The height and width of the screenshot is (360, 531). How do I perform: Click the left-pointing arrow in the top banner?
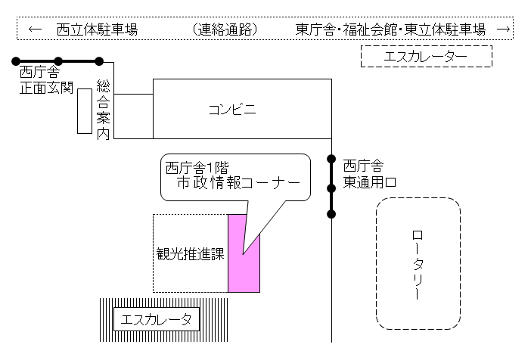34,30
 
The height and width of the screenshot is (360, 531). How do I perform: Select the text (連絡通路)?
225,30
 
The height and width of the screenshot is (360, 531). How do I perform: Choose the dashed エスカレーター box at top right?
427,57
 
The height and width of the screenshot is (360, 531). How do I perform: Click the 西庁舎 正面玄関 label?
45,81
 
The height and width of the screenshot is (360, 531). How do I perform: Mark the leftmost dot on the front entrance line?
14,61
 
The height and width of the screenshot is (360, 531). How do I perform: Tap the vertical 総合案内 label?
104,109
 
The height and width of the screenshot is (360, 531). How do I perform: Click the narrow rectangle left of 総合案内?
85,110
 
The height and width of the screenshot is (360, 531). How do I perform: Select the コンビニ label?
232,110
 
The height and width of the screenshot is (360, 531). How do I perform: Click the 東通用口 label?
368,182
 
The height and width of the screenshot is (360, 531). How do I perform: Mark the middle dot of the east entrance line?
331,187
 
